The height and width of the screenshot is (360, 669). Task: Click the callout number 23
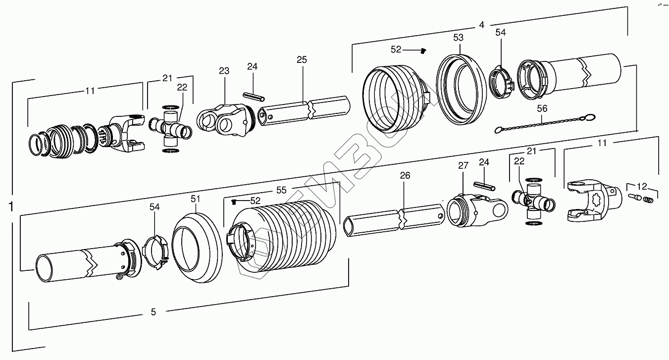click(x=224, y=71)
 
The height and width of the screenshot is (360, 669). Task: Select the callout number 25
click(x=302, y=60)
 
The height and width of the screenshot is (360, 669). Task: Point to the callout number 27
click(x=463, y=166)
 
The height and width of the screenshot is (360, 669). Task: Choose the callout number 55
click(x=281, y=190)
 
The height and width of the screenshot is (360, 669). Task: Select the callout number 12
click(x=642, y=186)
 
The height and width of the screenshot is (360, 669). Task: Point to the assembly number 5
click(x=154, y=312)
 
